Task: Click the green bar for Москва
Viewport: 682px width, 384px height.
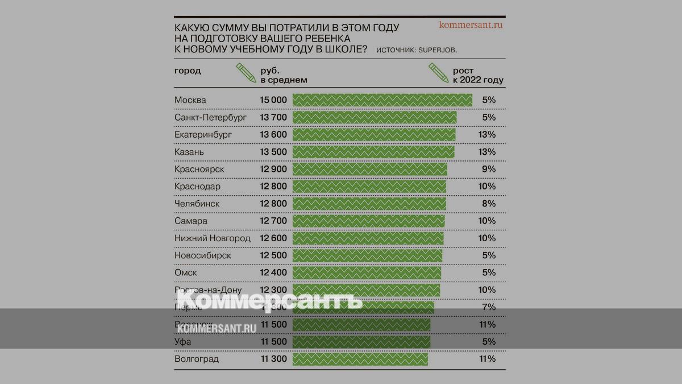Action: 382,100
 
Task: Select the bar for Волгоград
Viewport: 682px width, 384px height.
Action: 360,359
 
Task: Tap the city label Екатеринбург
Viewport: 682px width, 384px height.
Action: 203,135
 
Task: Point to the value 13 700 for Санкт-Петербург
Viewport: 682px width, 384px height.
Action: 273,117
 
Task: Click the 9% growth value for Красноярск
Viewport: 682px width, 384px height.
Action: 489,169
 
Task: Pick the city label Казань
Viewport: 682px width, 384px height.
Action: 189,152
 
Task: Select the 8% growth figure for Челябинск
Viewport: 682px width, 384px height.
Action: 489,204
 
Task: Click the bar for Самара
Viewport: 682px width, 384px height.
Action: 368,221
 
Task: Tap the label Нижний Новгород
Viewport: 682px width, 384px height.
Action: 212,238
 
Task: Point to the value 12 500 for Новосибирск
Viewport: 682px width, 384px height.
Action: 273,255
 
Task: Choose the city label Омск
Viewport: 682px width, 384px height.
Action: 186,273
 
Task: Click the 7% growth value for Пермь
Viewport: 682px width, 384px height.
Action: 489,307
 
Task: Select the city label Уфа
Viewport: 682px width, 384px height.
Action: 183,342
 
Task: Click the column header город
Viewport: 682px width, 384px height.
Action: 188,71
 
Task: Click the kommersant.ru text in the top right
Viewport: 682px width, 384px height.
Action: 471,25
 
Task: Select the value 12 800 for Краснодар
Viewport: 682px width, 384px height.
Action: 273,187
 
